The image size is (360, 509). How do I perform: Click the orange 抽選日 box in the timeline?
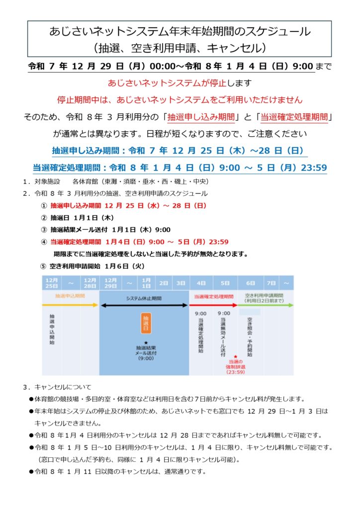pos(146,323)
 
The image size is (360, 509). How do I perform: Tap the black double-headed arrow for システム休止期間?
pos(144,305)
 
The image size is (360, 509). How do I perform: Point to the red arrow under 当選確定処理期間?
pos(213,305)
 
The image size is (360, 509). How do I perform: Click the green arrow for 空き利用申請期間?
pos(266,305)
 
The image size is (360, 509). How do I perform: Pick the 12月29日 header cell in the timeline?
pos(111,283)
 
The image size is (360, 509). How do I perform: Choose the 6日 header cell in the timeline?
pos(250,283)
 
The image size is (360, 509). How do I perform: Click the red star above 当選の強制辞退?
pos(235,356)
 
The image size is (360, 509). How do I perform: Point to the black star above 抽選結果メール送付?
pos(146,342)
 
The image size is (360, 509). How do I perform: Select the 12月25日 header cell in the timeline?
pos(52,283)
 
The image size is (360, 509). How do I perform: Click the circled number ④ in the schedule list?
pos(44,242)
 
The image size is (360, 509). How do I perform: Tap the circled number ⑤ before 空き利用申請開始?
pos(43,266)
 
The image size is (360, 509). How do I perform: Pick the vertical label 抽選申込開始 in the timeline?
pos(52,329)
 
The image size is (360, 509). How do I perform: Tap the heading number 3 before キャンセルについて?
pos(25,386)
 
